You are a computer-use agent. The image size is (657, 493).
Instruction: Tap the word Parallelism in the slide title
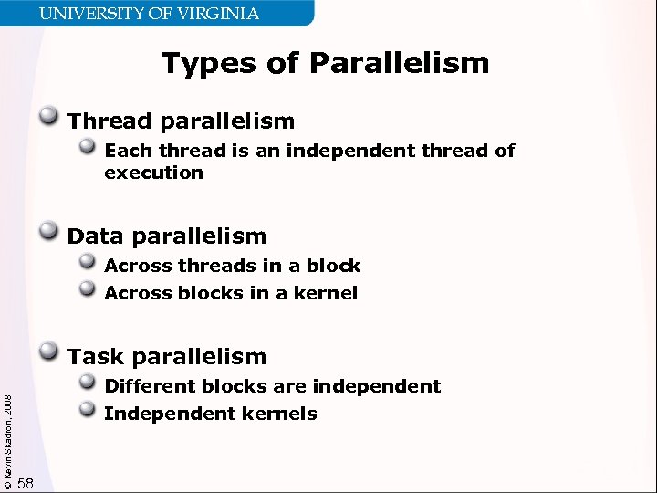(x=399, y=63)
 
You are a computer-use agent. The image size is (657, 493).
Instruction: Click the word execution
(x=153, y=173)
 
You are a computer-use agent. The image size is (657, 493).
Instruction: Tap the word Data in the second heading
(x=95, y=236)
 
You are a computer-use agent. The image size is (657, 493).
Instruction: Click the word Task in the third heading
(x=94, y=356)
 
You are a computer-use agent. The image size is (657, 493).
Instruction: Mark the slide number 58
(x=26, y=483)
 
